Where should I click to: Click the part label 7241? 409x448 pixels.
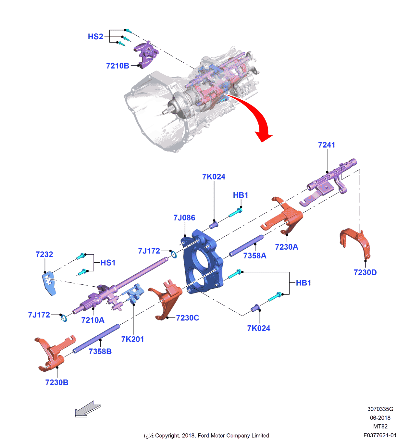click(327, 145)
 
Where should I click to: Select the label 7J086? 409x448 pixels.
click(184, 218)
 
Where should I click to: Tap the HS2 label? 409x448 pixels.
click(95, 37)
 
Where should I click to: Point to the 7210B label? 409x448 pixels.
click(118, 66)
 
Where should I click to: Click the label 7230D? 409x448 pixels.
click(365, 272)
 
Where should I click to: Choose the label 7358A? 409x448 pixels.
click(255, 256)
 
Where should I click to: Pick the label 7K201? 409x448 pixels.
click(132, 339)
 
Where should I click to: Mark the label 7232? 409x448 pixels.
click(44, 255)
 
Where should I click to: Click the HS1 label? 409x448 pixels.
click(108, 263)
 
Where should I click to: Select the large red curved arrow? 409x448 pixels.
click(256, 117)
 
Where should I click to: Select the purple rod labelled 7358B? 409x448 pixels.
click(97, 338)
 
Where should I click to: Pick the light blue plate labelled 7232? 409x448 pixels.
click(49, 283)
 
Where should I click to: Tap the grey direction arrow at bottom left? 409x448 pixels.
click(87, 409)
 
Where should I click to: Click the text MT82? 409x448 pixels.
click(380, 427)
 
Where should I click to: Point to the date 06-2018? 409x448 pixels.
click(380, 418)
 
